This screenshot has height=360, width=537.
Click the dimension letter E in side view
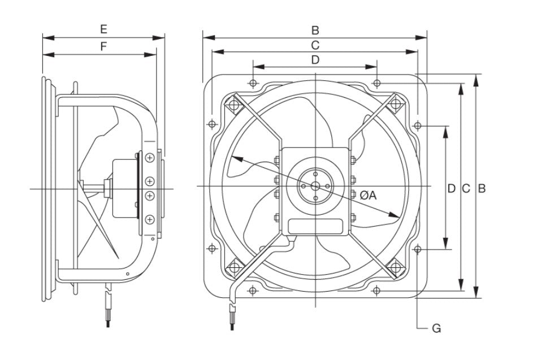[x=103, y=28]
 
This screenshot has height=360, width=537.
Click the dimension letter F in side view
[x=103, y=46]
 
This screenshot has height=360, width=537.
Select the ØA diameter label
[x=368, y=195]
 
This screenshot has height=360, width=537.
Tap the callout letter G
[x=436, y=328]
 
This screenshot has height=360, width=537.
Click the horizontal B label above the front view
[x=315, y=29]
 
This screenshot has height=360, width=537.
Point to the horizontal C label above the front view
[x=315, y=44]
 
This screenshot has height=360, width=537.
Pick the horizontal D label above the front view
[x=315, y=59]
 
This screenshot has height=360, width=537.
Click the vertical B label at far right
[x=482, y=189]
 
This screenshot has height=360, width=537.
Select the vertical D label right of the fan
[x=451, y=189]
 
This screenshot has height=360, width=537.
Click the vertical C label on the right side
[x=466, y=189]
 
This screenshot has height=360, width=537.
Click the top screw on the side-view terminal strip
[x=149, y=157]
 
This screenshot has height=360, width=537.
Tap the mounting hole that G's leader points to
[x=417, y=249]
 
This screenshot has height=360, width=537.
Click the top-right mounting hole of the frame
[x=377, y=83]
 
